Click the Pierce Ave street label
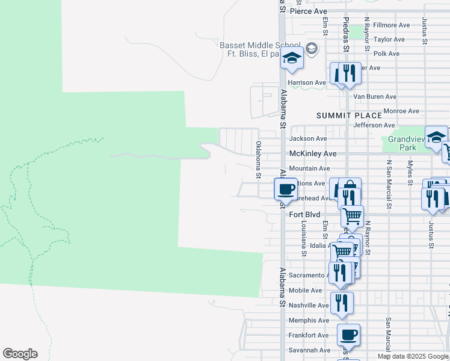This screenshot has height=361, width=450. [x=308, y=11]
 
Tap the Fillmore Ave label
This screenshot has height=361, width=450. [x=391, y=25]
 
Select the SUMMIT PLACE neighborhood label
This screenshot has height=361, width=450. [x=349, y=116]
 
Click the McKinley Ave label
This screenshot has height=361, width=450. [x=312, y=153]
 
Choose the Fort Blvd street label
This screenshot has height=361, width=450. [x=304, y=214]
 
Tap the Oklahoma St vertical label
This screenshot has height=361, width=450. [x=258, y=159]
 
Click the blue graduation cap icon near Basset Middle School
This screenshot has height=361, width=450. [x=292, y=58]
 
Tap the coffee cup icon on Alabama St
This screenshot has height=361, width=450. [x=286, y=188]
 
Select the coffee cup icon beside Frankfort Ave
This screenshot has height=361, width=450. [x=348, y=334]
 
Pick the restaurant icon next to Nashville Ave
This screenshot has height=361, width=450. [x=341, y=302]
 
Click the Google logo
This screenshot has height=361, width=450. [x=20, y=354]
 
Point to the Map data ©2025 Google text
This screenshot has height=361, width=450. [x=413, y=356]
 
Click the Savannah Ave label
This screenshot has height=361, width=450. [x=309, y=350]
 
